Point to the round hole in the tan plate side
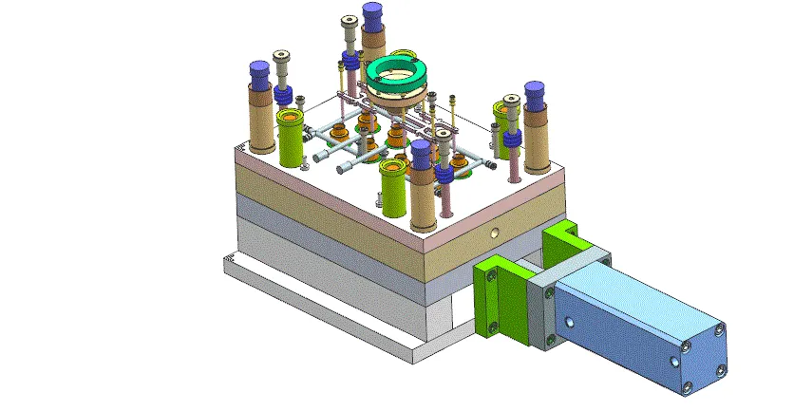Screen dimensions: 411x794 492,232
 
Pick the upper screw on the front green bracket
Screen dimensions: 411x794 490,276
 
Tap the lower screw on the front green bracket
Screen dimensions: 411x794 493,327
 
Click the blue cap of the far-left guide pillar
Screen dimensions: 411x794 258,72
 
